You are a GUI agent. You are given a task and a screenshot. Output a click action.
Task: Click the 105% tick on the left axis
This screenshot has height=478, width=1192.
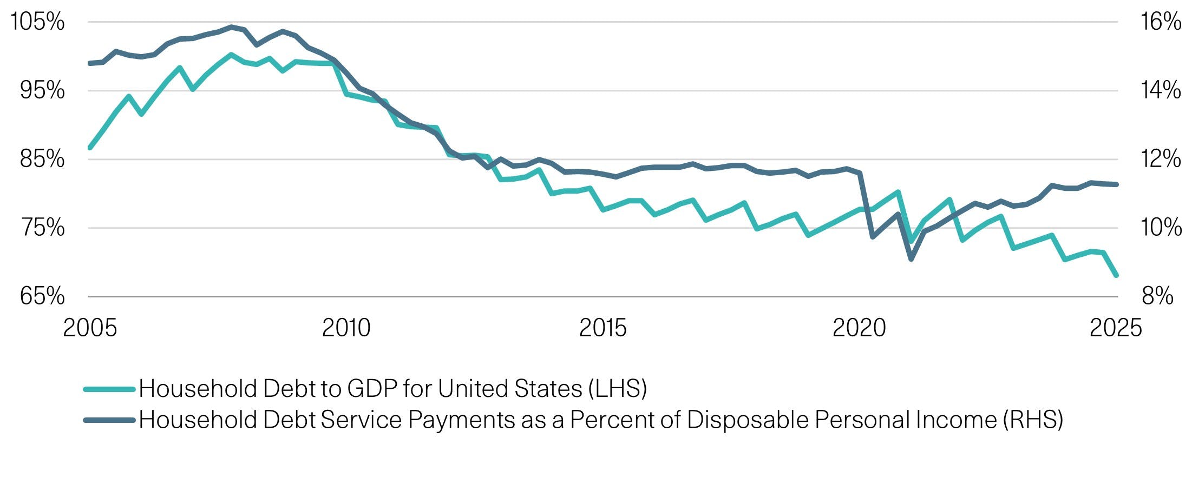click(x=37, y=22)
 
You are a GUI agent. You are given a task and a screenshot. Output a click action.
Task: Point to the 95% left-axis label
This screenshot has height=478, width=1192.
click(x=42, y=90)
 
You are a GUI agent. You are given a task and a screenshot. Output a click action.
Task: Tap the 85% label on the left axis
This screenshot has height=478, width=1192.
click(x=42, y=159)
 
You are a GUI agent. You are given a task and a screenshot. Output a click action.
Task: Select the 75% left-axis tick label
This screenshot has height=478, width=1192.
click(x=43, y=228)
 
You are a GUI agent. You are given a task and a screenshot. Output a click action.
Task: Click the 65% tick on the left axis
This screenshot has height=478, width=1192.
click(x=42, y=296)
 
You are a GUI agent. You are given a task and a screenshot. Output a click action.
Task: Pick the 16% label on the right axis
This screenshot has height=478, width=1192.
click(x=1161, y=22)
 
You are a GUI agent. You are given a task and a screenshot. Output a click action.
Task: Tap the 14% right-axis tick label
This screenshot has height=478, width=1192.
click(x=1161, y=90)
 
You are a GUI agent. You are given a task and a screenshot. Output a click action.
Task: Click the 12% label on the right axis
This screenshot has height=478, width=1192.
click(x=1161, y=159)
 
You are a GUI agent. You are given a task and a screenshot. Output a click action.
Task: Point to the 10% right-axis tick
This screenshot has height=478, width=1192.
click(x=1161, y=228)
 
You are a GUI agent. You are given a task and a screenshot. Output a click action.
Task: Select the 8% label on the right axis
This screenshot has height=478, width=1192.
click(x=1157, y=296)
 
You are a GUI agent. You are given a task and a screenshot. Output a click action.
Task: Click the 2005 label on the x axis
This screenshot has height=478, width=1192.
click(x=90, y=328)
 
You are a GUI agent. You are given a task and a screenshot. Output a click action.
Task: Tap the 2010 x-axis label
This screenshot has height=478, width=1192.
click(x=346, y=328)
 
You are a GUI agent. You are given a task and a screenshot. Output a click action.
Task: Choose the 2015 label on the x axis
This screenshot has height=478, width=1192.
click(x=602, y=328)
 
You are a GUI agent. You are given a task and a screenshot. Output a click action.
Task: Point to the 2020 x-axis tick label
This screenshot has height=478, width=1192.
click(x=859, y=328)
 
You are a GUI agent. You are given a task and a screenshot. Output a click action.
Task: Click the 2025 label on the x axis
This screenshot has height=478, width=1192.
click(x=1115, y=328)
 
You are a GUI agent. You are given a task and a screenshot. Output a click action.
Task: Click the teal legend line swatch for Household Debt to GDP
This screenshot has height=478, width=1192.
click(x=109, y=389)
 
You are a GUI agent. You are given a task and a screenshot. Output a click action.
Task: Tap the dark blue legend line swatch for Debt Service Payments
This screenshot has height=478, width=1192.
click(x=109, y=420)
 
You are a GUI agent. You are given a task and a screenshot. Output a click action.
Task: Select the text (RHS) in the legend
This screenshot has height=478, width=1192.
click(x=1033, y=420)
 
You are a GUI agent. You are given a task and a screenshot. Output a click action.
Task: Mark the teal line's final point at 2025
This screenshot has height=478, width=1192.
click(x=1116, y=275)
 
